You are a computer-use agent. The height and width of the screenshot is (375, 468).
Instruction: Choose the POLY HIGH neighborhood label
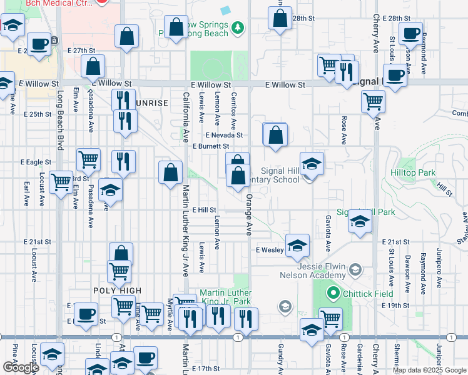point(117,291)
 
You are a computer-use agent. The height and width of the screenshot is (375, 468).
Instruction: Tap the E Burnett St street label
point(211,146)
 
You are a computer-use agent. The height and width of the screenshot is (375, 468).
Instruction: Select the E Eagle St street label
point(38,162)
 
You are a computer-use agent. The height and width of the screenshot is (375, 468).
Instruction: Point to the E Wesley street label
point(270,249)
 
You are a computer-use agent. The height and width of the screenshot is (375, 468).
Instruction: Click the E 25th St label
point(38,114)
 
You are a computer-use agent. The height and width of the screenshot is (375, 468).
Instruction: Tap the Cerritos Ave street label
point(233,109)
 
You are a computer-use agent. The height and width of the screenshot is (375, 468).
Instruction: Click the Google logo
point(20,367)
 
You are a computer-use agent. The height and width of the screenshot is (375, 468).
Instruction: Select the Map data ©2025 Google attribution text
point(429,370)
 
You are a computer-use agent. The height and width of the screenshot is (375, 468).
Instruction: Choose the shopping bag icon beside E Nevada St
point(275,134)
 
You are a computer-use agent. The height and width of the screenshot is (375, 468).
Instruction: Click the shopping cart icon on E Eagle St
point(88,159)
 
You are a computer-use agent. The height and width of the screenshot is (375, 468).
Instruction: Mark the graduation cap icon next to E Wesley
point(298,244)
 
